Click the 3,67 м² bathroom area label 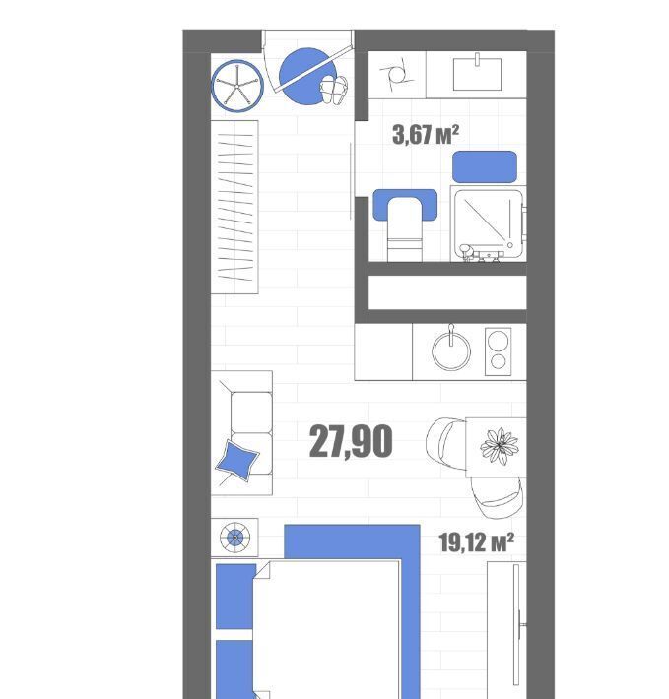426,135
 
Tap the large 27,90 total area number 351,441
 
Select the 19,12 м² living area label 476,542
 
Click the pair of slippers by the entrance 334,90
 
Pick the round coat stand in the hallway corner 237,86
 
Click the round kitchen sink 451,349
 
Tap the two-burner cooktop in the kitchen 498,351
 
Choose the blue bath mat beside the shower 485,166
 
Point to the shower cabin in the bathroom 489,224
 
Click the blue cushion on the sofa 237,461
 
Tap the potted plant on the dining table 500,446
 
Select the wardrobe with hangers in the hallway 234,208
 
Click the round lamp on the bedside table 235,538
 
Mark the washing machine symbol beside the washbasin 397,75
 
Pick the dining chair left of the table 445,443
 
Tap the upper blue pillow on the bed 235,597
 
